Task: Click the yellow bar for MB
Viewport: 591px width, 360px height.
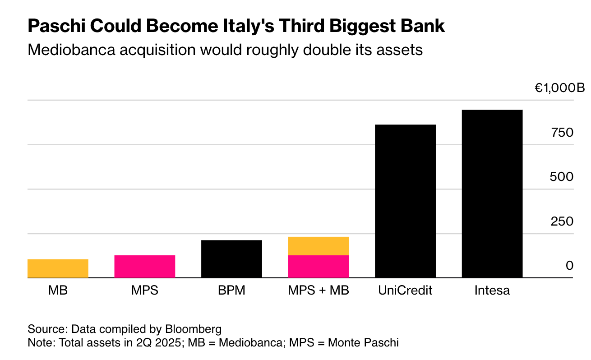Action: point(58,268)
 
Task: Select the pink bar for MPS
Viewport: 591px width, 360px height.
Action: point(145,267)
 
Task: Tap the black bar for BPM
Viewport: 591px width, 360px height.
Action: point(231,259)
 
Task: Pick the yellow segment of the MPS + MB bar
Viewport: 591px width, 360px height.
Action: point(319,246)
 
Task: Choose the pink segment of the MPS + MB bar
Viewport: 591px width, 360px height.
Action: point(319,267)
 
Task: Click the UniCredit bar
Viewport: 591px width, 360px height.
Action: point(405,201)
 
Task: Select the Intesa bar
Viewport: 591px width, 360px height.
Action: point(492,194)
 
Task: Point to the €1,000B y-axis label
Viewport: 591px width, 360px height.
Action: point(559,88)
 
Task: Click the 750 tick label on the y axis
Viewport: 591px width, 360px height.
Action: point(561,133)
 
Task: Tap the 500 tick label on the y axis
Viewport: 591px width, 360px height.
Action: point(561,177)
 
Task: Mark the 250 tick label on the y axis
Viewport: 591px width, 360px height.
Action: point(561,222)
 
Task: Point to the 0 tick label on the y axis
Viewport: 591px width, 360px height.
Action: point(569,266)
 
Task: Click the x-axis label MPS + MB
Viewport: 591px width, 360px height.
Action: point(319,290)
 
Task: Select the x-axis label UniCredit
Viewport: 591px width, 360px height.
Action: point(405,290)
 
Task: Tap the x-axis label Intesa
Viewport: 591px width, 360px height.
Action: point(492,290)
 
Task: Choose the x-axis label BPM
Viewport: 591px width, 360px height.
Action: point(231,290)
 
